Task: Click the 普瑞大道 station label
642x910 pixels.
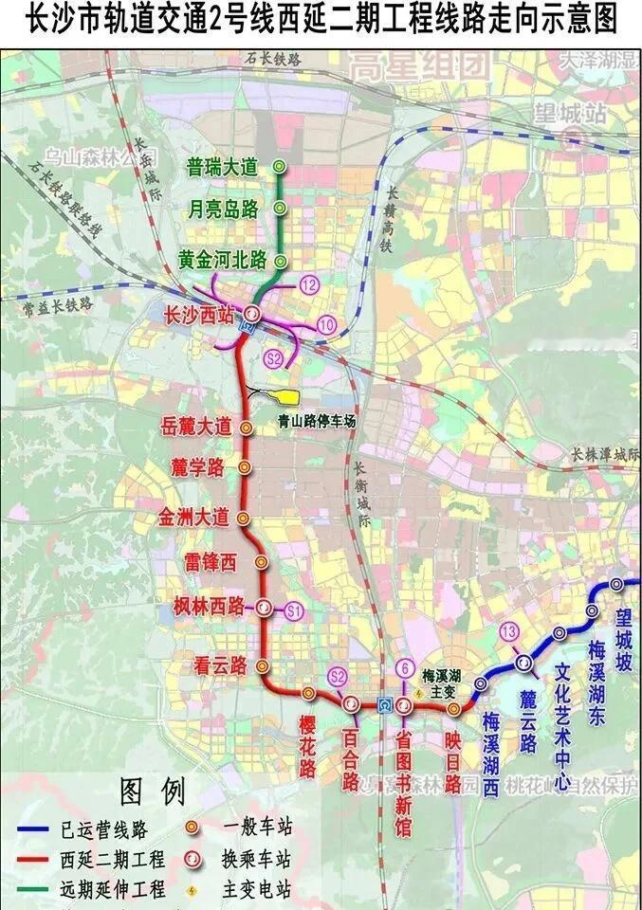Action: pos(222,168)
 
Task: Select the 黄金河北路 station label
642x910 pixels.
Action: pos(222,261)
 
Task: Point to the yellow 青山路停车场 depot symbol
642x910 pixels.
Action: pos(281,396)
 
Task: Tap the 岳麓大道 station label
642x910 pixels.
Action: pos(196,428)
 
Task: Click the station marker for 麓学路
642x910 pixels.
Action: pos(245,467)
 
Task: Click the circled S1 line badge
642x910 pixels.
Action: pos(293,610)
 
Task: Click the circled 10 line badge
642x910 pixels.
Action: pos(327,324)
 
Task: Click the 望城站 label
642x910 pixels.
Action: pos(569,113)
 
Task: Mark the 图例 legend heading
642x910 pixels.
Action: pos(152,790)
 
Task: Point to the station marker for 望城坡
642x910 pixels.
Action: pos(617,585)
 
